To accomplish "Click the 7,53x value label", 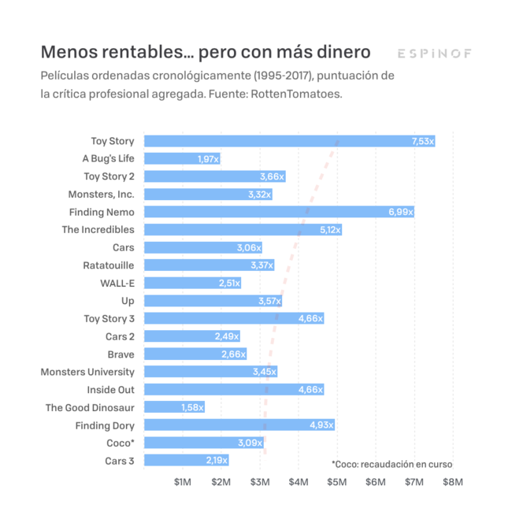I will pos(422,141).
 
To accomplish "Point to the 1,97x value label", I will pos(209,159).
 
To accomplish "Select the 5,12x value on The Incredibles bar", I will pos(330,230).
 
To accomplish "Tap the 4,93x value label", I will pos(322,425).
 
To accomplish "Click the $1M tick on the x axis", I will pos(183,482).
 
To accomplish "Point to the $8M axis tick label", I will pos(452,482).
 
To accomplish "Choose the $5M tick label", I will pos(336,482).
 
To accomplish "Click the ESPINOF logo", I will pos(434,54).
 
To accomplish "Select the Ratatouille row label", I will pos(109,265).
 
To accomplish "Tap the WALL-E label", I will pos(117,283).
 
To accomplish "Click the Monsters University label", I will pos(87,372).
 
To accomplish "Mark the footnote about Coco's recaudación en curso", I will pos(391,464).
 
